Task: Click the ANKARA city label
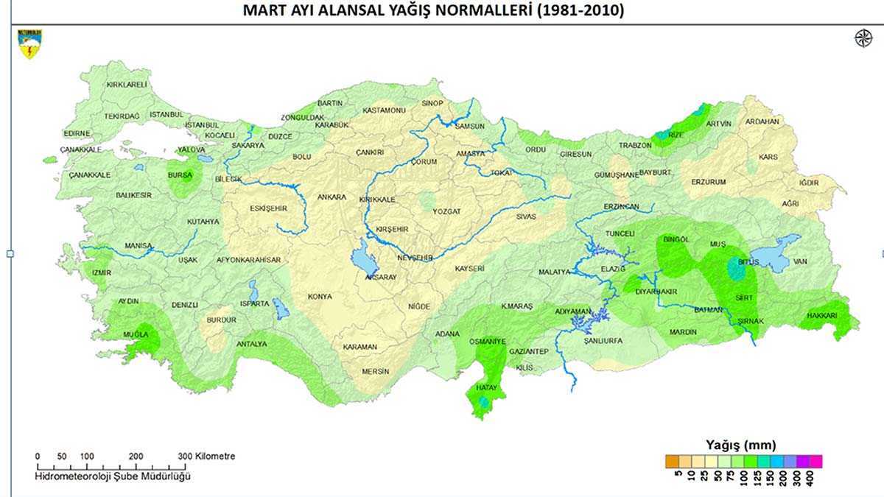(331, 197)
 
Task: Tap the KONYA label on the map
(320, 297)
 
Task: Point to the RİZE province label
(676, 135)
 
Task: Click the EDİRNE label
(77, 133)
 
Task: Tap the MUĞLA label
(136, 334)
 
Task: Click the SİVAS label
(525, 217)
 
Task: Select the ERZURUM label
(709, 182)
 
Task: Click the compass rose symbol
(863, 38)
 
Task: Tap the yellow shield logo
(31, 43)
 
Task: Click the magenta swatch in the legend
(815, 462)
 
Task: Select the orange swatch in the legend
(671, 462)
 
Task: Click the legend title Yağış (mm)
(740, 445)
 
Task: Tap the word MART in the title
(264, 11)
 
